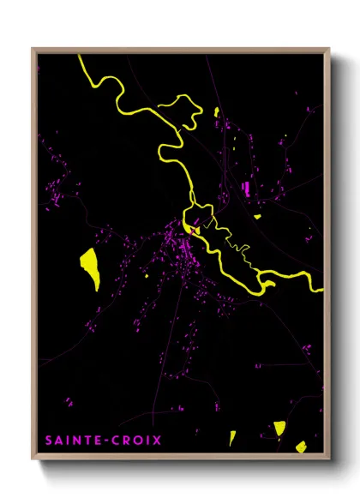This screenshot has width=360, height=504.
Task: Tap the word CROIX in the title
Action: (x=135, y=441)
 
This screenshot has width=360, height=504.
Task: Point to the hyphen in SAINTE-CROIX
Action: (x=105, y=441)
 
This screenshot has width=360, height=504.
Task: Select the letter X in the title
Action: (x=157, y=441)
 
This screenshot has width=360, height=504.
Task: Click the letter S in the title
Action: (x=48, y=441)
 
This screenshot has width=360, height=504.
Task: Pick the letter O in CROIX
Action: (x=135, y=441)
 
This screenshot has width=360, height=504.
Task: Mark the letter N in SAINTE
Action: (x=75, y=441)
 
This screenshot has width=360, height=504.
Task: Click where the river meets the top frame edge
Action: (x=81, y=57)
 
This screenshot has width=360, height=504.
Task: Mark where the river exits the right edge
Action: (x=321, y=291)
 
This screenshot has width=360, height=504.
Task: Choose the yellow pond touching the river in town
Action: (x=195, y=229)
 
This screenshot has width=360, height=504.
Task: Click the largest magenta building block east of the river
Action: (x=248, y=188)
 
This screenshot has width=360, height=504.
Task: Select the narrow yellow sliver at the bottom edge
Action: (x=232, y=438)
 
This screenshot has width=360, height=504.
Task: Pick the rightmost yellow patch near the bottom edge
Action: (x=300, y=446)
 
